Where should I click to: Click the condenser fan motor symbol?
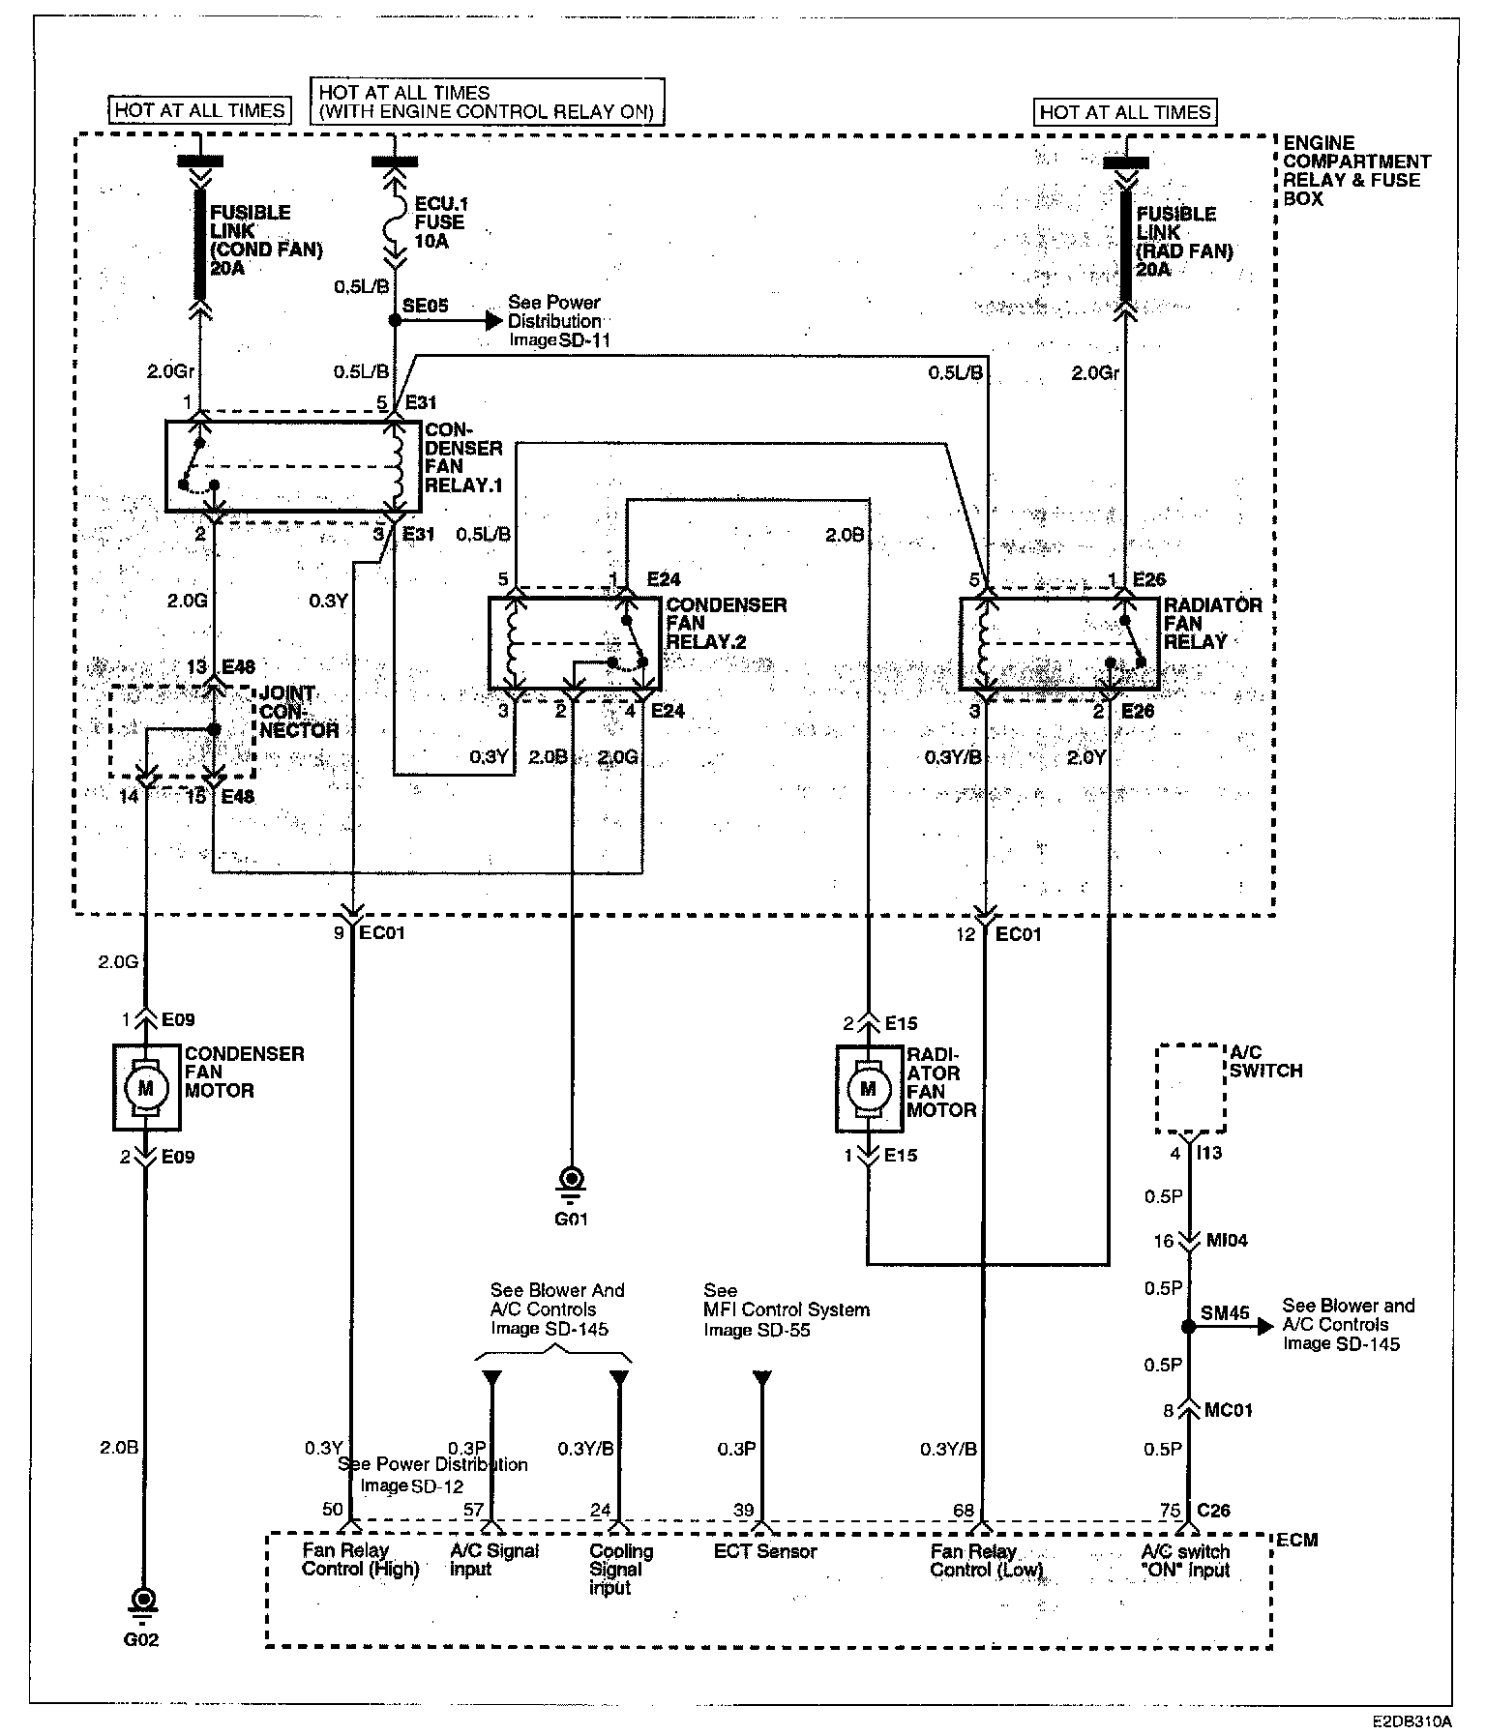[x=146, y=1087]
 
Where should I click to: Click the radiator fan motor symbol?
[x=868, y=1089]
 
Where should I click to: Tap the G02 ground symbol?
[x=144, y=1602]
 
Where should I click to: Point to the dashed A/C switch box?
[x=1191, y=1088]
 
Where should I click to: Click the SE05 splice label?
[x=426, y=306]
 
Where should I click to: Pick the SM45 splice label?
[x=1225, y=1313]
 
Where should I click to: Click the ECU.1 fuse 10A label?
[x=439, y=222]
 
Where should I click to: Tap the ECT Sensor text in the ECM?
[x=765, y=1551]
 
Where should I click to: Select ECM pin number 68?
[x=963, y=1510]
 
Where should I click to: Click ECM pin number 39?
[x=743, y=1510]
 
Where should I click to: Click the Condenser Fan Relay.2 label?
[x=726, y=623]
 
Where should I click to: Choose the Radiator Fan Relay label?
[x=1212, y=623]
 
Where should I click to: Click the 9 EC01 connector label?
[x=371, y=933]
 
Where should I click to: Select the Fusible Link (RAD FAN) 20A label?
[x=1184, y=241]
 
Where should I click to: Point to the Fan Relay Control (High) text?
[x=360, y=1560]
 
